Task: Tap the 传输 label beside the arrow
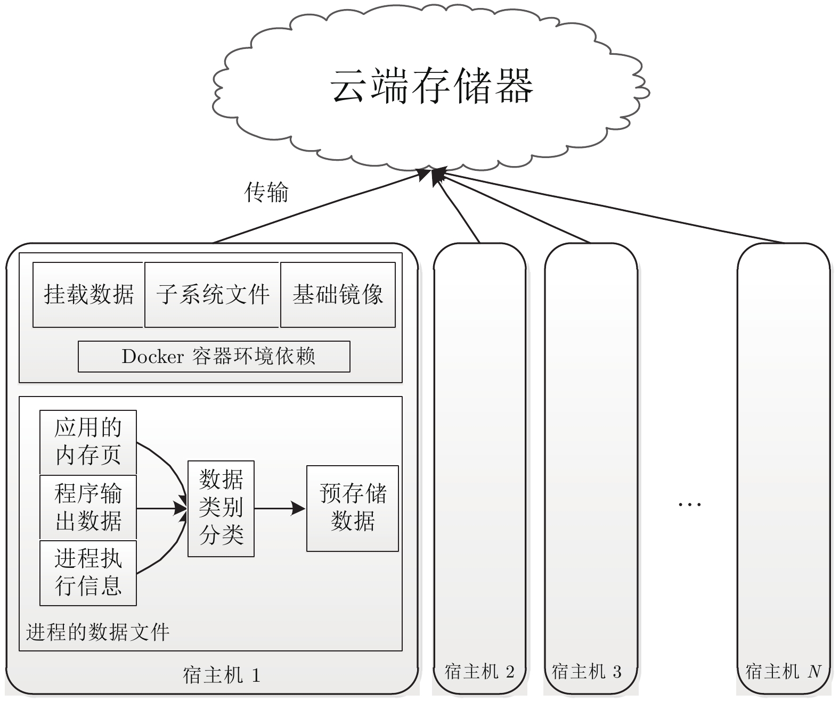click(x=266, y=192)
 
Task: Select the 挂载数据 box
click(x=88, y=294)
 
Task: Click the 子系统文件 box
click(x=212, y=294)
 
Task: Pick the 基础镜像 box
click(x=338, y=294)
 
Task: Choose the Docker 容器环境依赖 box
click(x=214, y=357)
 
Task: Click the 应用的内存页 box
click(x=88, y=442)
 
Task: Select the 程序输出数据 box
click(x=88, y=507)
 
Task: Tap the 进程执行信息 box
click(x=88, y=573)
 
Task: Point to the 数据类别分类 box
click(x=221, y=508)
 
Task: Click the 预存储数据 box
click(x=352, y=508)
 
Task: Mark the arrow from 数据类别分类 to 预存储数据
click(x=279, y=509)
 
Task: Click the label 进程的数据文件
click(x=98, y=632)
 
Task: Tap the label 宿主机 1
click(x=222, y=675)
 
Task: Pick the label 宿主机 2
click(x=479, y=672)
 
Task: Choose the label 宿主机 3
click(x=587, y=672)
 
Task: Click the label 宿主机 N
click(x=783, y=672)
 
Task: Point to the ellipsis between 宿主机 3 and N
click(x=689, y=503)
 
